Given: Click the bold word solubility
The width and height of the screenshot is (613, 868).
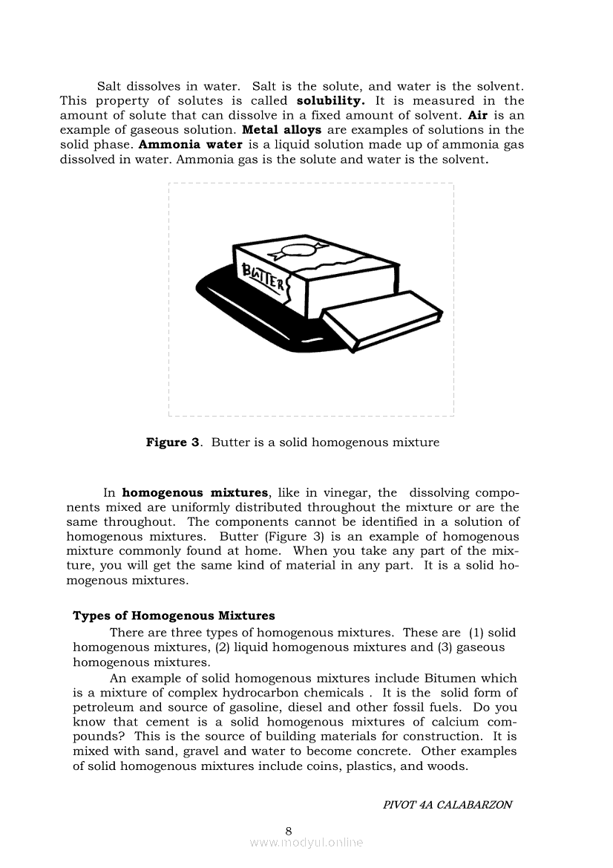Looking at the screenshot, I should [x=330, y=101].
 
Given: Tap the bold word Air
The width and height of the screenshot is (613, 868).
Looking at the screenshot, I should [x=477, y=115].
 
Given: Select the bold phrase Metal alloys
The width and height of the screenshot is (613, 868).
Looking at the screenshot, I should [x=282, y=130].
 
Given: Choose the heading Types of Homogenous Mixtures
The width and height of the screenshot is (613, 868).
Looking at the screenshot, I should [x=174, y=616].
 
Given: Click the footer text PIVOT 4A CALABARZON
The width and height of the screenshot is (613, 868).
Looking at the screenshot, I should [x=447, y=805].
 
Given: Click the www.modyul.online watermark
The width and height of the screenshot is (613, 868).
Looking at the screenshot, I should [x=306, y=843].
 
